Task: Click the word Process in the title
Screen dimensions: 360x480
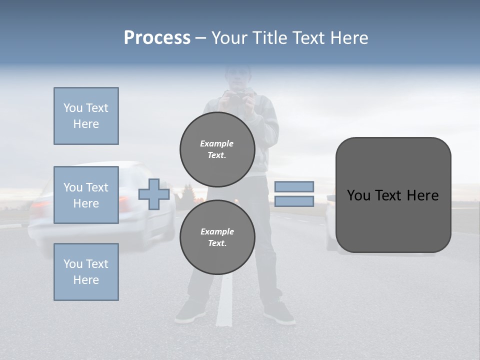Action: point(157,38)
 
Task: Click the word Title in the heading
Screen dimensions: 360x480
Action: point(270,38)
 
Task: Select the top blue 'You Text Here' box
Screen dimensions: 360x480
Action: point(86,116)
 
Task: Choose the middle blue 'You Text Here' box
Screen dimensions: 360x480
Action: point(86,195)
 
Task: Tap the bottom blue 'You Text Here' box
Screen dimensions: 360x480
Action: point(86,272)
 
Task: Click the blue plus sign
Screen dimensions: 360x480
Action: point(153,194)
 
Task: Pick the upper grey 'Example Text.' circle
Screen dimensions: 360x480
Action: point(217,149)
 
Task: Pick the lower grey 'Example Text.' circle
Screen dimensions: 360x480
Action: point(217,237)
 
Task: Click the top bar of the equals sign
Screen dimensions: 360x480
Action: point(294,186)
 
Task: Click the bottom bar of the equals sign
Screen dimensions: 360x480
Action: point(294,201)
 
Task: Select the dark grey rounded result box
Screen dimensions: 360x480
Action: point(393,195)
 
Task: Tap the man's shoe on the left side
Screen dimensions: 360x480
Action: point(190,311)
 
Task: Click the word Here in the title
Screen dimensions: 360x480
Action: point(349,38)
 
